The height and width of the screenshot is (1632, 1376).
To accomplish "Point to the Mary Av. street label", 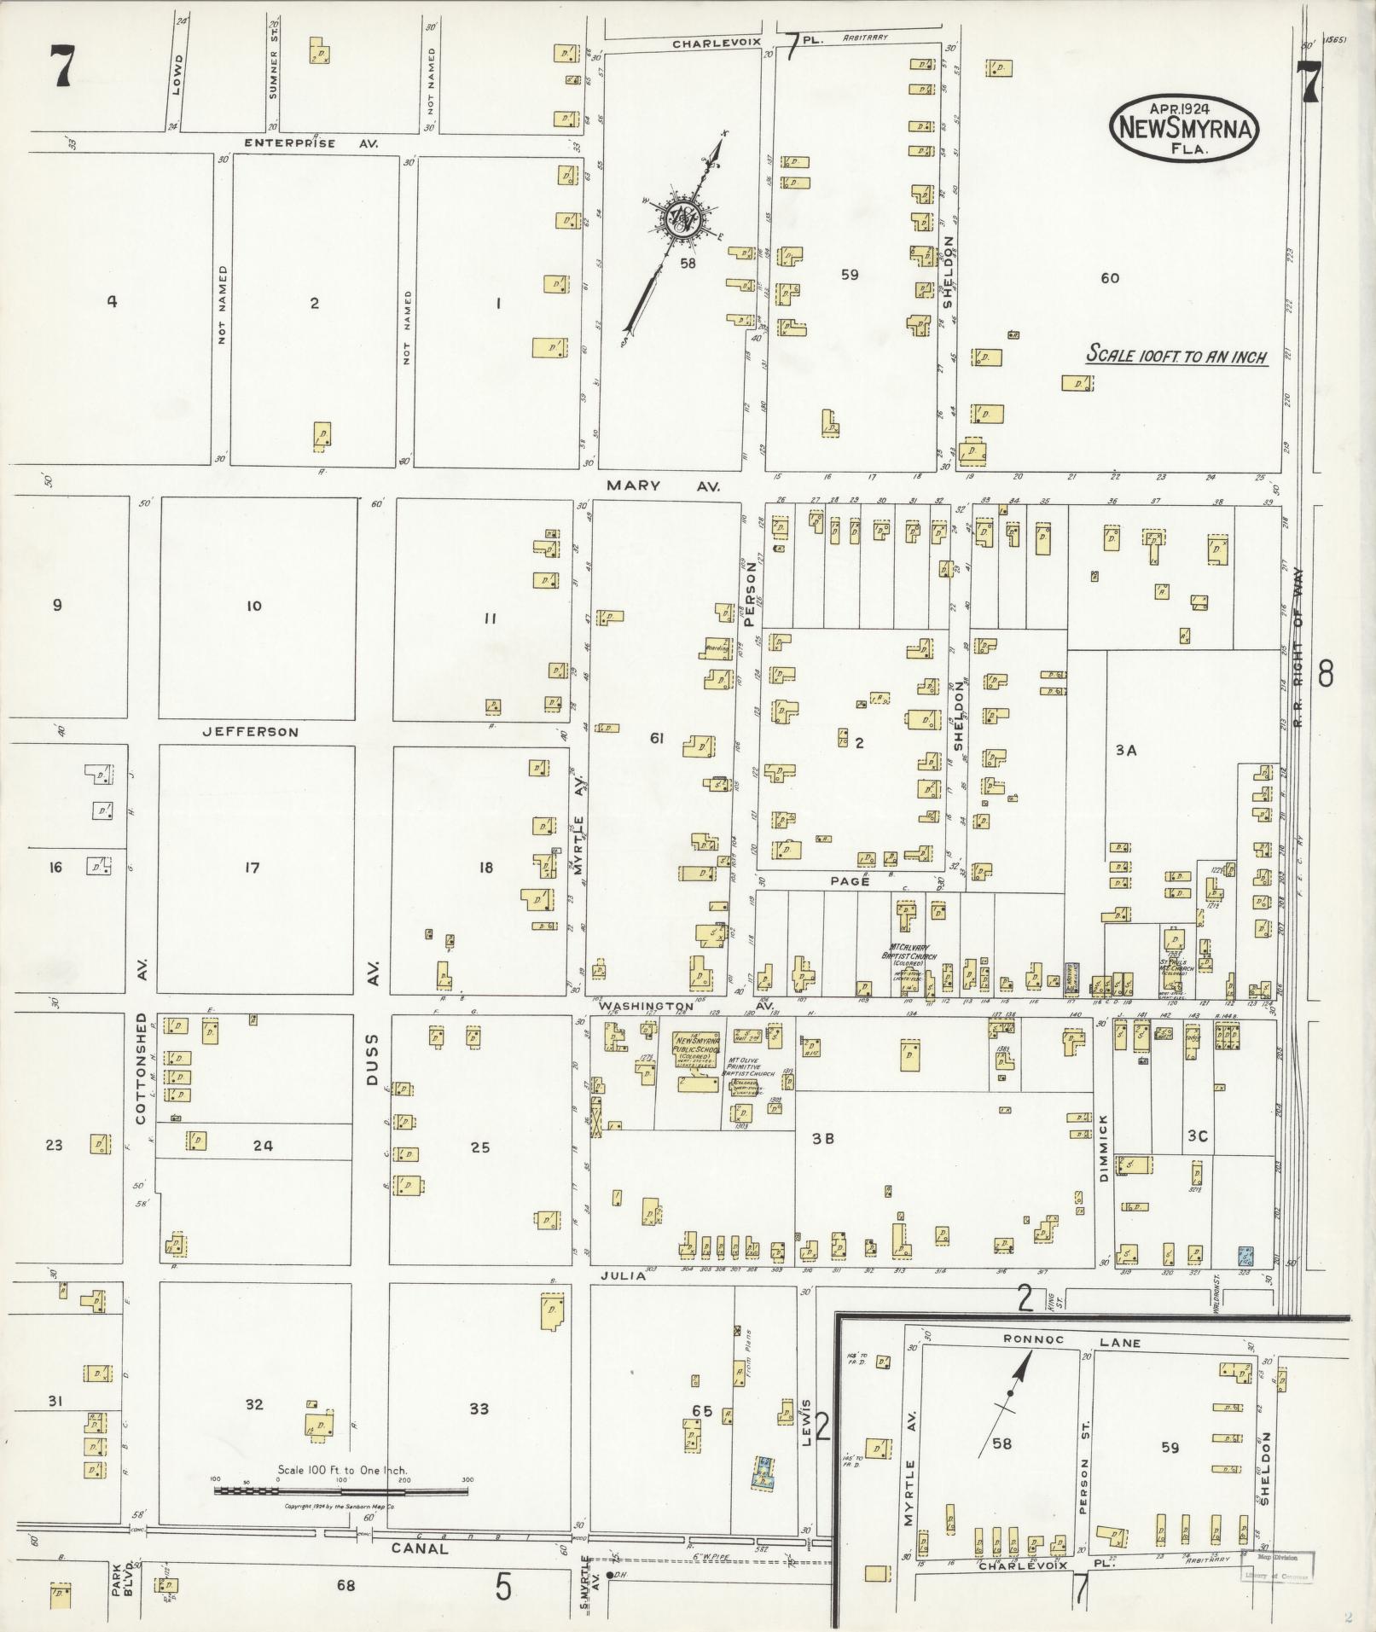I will coord(664,485).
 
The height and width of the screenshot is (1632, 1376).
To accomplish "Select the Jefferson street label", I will coord(251,732).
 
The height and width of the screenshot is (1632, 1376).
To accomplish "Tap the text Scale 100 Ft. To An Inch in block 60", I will coord(1176,357).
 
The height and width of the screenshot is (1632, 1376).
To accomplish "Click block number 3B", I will coord(822,1137).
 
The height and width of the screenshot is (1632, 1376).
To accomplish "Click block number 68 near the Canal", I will coord(345,1586).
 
